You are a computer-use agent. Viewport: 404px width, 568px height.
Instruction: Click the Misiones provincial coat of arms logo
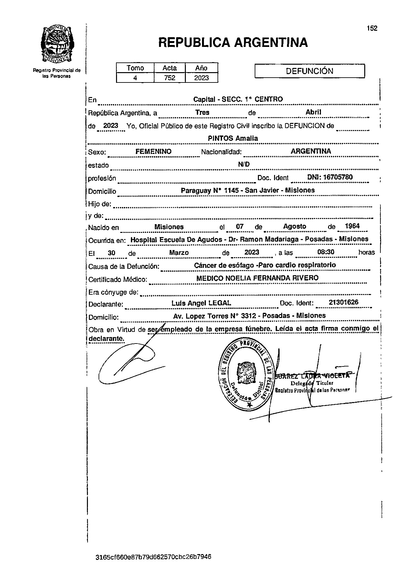(x=57, y=45)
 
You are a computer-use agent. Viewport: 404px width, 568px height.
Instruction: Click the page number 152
(x=372, y=28)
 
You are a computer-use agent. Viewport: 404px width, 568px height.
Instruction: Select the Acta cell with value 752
(x=170, y=78)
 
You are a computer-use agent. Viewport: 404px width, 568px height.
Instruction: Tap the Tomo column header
(x=135, y=68)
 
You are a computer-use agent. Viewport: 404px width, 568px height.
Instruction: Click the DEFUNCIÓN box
(x=310, y=71)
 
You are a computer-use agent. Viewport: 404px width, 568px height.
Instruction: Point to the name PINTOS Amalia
(x=233, y=138)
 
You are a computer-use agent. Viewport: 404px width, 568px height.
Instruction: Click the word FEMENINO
(x=153, y=151)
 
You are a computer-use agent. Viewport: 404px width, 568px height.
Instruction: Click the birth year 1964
(x=352, y=226)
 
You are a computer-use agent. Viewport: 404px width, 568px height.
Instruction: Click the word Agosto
(x=294, y=226)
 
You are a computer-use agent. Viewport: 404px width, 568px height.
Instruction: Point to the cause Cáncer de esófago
(x=223, y=265)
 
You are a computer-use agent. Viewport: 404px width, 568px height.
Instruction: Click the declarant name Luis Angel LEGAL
(x=201, y=303)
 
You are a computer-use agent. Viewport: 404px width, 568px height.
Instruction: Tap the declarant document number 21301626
(x=343, y=303)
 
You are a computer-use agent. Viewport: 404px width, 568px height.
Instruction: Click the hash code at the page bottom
(x=154, y=557)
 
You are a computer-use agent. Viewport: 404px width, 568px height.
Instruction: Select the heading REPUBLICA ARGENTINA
(x=233, y=42)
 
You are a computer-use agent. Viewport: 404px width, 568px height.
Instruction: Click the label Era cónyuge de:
(x=113, y=292)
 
